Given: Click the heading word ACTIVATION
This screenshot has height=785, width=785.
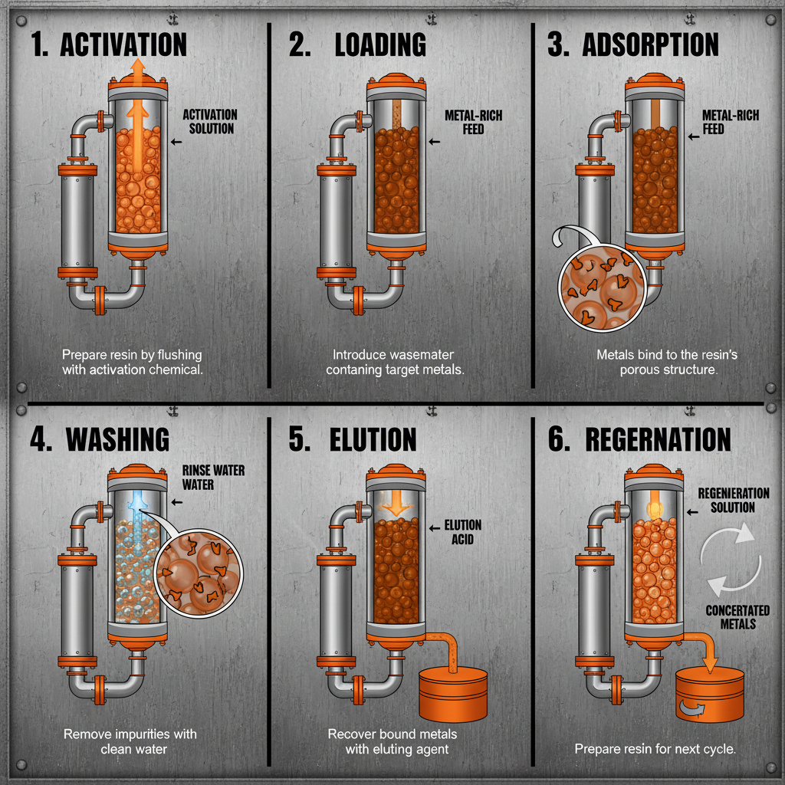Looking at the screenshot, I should coord(123,44).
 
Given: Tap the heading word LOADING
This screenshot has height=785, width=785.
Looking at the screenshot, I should coord(380,44).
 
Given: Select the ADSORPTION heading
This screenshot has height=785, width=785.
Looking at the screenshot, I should coord(650,44).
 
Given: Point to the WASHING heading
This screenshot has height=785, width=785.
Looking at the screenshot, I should coord(117,438).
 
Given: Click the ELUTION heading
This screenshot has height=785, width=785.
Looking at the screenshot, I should coord(373,438).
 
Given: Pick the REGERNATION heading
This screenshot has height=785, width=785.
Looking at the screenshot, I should coord(658,438).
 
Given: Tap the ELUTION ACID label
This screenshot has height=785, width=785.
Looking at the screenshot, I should coord(463,532).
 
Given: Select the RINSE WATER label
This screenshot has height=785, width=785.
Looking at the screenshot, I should coord(213,477).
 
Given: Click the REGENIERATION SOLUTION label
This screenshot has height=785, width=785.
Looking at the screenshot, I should coord(733,500).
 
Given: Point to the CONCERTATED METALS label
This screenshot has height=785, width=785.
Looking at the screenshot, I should coord(737,616).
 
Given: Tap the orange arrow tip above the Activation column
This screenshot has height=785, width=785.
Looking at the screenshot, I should coord(138,67).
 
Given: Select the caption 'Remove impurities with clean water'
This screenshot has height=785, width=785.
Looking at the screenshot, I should coord(130,741).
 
